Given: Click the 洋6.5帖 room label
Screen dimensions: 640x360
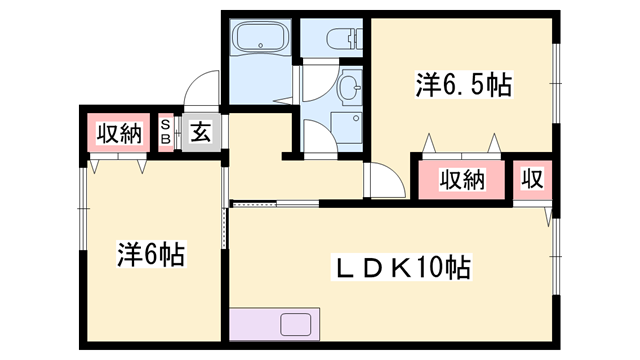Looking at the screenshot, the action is [463, 84].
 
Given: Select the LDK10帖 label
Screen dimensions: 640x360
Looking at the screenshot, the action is [401, 267].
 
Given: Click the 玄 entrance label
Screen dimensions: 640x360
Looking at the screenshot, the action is [201, 133].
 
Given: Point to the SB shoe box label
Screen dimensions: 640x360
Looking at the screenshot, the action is [165, 132].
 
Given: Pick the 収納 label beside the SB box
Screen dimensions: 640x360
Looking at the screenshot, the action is [119, 133].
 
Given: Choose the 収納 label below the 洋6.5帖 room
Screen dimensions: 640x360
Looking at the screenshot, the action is [462, 180].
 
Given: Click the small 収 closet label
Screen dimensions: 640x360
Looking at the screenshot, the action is [533, 179].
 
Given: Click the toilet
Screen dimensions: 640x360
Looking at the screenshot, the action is [345, 38].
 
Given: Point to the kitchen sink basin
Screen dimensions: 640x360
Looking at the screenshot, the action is [296, 324].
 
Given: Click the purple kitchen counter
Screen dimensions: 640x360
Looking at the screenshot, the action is [274, 324].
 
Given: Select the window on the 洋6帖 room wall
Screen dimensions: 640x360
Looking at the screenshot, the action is [84, 209].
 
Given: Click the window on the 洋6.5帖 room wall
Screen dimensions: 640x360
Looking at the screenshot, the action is [556, 83].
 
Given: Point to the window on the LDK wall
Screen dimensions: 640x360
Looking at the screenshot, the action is [556, 256].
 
